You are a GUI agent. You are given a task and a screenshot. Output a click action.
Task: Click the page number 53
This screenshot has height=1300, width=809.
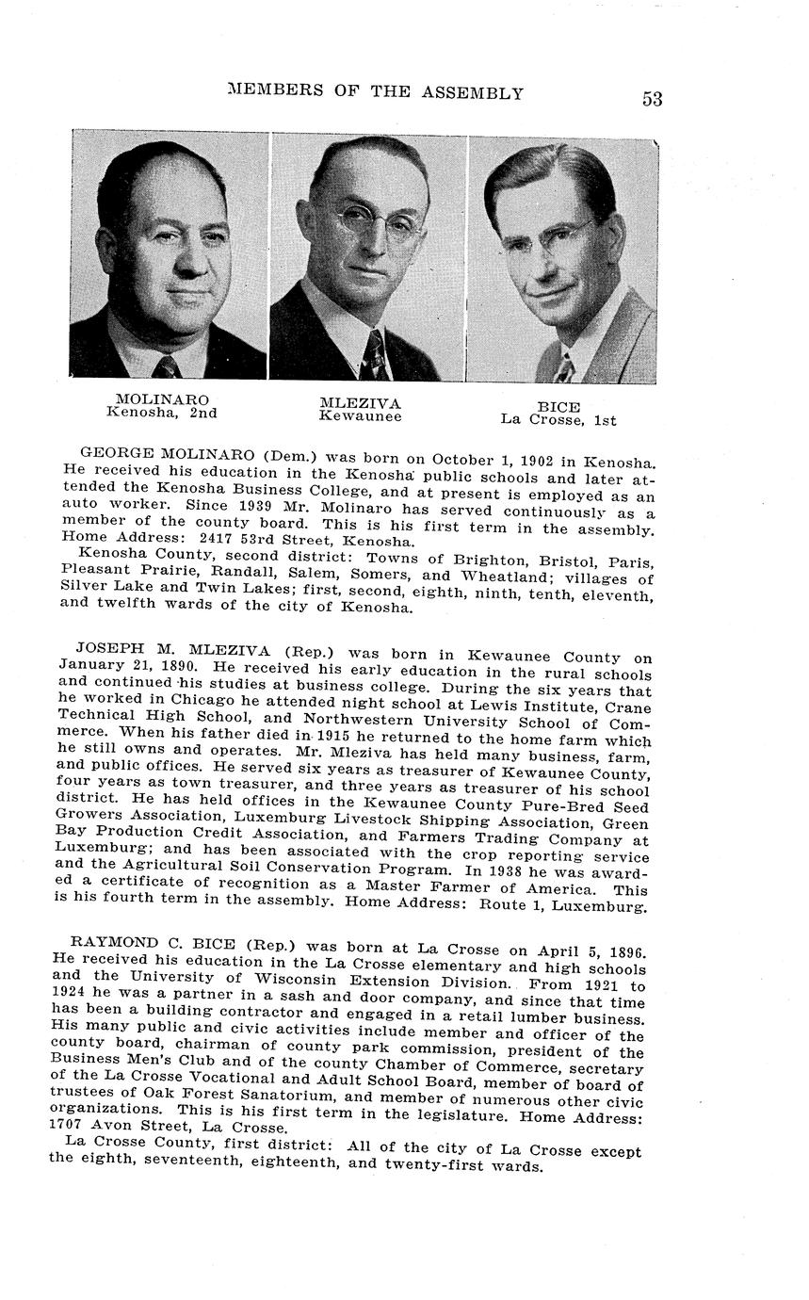tap(652, 99)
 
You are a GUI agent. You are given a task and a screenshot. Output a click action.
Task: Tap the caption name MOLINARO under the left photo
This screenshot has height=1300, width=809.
tap(162, 399)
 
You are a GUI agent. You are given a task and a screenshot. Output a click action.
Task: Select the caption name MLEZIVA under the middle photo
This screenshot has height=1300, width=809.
tap(360, 403)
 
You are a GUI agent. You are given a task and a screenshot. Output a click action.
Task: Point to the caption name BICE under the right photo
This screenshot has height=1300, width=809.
tap(558, 407)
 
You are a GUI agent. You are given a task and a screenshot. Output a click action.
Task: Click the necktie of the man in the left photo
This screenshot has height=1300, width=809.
tap(167, 366)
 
